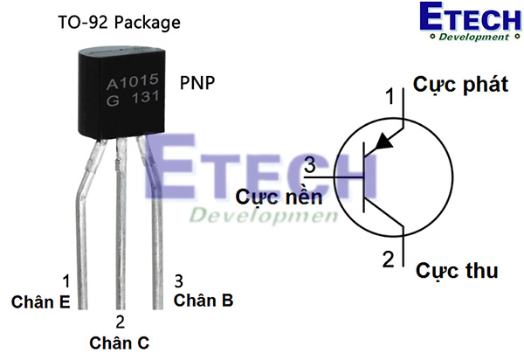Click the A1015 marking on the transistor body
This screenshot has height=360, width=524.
132,84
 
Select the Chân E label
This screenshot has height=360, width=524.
39,301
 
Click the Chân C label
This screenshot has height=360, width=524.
119,343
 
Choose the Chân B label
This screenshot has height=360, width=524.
203,301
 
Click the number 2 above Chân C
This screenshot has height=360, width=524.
120,322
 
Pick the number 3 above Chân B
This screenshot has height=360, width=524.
178,280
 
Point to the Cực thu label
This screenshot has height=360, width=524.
457,270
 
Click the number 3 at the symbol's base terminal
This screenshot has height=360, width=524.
309,164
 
